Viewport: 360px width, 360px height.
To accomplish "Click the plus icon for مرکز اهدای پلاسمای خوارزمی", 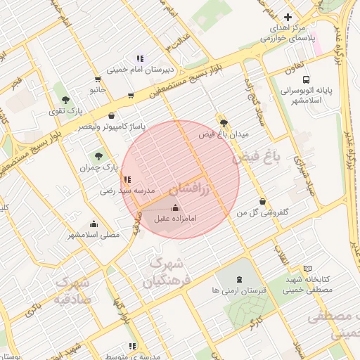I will [x=287, y=17].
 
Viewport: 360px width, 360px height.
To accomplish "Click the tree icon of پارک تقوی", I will [x=65, y=100].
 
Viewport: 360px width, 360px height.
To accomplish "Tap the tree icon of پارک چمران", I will [x=97, y=156].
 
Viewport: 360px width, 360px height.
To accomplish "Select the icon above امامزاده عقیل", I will [x=175, y=207].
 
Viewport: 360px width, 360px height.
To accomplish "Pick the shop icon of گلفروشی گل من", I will [x=262, y=201].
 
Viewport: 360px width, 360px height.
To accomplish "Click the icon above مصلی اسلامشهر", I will [x=94, y=223].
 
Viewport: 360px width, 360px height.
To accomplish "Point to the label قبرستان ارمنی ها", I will [x=236, y=290].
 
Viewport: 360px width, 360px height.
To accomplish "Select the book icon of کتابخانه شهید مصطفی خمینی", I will [x=307, y=269].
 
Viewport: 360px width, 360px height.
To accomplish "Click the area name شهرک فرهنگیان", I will [x=168, y=274].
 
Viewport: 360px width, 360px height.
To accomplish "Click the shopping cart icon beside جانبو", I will [x=130, y=95].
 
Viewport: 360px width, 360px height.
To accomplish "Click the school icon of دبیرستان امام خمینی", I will [x=140, y=58].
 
